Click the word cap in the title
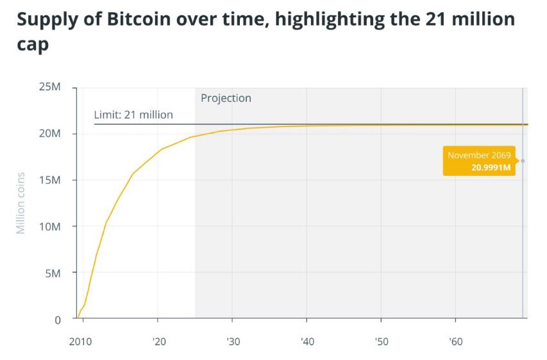33,46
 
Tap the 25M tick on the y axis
49,87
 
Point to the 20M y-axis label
49,133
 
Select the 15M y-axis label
49,180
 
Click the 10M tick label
49,227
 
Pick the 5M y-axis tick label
52,273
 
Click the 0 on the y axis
57,320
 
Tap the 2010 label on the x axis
81,341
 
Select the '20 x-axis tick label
159,341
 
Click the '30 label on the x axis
233,341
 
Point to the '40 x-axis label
307,341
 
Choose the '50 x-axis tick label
382,341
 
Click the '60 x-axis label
455,341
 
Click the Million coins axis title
21,203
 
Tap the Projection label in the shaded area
226,98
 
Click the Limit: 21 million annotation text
133,115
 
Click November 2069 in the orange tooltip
478,155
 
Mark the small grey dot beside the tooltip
523,161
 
